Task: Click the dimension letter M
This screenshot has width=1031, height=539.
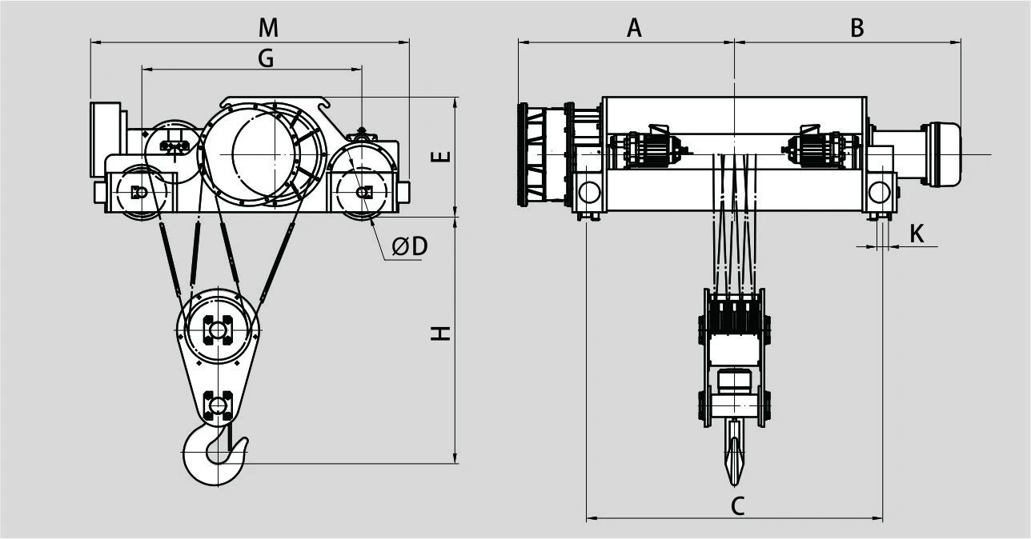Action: (268, 28)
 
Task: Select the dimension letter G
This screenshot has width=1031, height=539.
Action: (266, 58)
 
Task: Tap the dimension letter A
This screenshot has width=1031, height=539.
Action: (634, 28)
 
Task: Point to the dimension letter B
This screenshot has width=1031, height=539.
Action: (857, 28)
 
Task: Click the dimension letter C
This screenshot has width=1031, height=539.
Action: (737, 506)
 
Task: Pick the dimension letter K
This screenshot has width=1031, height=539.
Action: (917, 234)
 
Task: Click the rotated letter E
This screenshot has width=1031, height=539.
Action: (440, 157)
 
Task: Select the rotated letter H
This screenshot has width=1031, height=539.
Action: (440, 333)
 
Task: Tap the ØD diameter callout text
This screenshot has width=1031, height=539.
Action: (410, 246)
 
